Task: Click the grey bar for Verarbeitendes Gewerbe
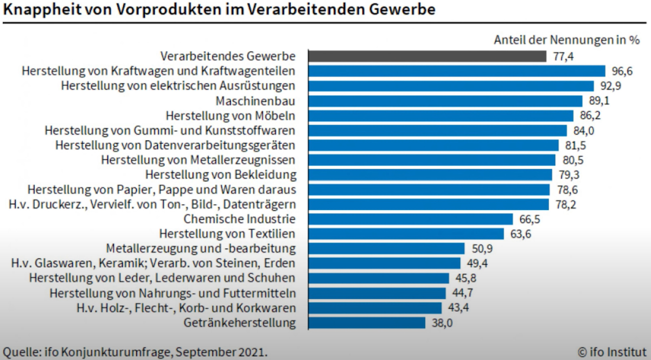pyautogui.click(x=427, y=56)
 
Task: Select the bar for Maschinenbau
pyautogui.click(x=445, y=101)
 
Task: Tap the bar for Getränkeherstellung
pyautogui.click(x=366, y=323)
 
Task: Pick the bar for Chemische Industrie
pyautogui.click(x=410, y=219)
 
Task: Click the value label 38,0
pyautogui.click(x=441, y=323)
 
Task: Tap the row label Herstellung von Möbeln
pyautogui.click(x=231, y=115)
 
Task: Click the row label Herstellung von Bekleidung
pyautogui.click(x=221, y=175)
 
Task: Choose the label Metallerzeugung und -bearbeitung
pyautogui.click(x=201, y=249)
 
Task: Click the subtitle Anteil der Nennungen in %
pyautogui.click(x=567, y=40)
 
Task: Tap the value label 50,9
pyautogui.click(x=481, y=249)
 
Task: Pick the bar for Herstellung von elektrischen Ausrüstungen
pyautogui.click(x=451, y=86)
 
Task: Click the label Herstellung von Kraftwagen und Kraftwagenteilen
pyautogui.click(x=158, y=71)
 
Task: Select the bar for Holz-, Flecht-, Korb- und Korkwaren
pyautogui.click(x=375, y=308)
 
